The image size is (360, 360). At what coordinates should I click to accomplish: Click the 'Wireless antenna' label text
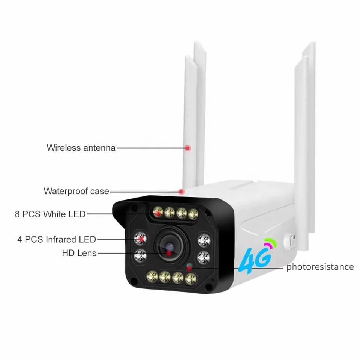81,148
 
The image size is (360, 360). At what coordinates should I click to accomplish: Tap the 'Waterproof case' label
76,191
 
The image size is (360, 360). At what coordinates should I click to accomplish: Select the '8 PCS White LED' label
50,214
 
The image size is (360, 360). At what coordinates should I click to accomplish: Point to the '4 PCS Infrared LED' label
57,239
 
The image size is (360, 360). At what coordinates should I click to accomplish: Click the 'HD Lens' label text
79,253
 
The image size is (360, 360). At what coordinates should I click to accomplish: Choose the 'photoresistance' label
320,267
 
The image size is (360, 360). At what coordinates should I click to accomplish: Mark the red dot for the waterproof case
181,192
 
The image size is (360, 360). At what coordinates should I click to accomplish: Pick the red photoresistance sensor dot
189,268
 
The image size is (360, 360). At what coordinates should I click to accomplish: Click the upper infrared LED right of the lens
204,239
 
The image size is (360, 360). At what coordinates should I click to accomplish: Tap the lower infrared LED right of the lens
204,257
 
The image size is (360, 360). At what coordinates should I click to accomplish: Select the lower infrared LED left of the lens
140,256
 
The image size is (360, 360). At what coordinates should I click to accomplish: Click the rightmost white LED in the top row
193,214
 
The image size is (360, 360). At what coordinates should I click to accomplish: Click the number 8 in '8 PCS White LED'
17,214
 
